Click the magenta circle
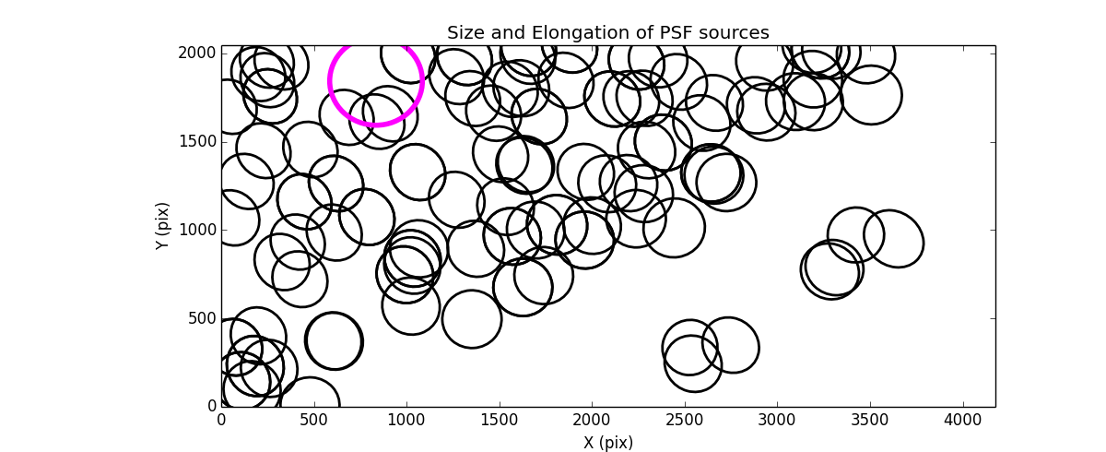(x=376, y=80)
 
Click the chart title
(x=607, y=33)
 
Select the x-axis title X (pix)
(x=607, y=443)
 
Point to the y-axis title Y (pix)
(x=162, y=226)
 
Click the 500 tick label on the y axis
(x=200, y=318)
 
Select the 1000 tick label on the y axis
(x=196, y=230)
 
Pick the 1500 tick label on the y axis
(x=196, y=141)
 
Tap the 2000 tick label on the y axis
(x=196, y=53)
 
